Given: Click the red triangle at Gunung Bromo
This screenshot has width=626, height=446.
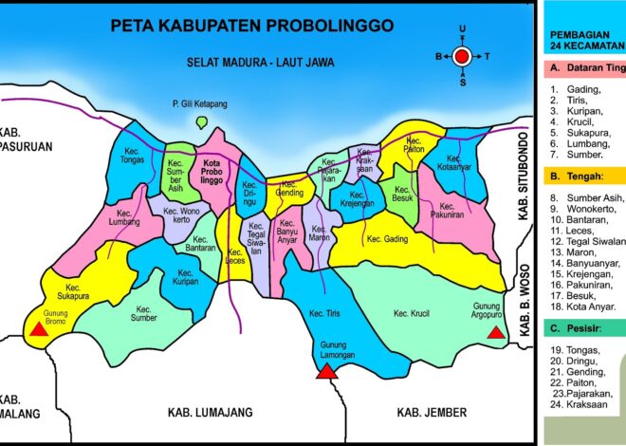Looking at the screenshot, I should point(37,330).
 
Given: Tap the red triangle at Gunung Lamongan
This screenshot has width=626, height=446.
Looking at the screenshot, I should point(327,371).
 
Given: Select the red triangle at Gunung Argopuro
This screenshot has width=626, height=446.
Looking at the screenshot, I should point(495,333).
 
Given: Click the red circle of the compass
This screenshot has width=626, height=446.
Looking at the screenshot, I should point(462,57).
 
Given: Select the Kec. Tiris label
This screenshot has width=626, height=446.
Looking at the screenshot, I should point(324,312).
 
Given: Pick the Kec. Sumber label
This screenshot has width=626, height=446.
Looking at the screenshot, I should point(144,314).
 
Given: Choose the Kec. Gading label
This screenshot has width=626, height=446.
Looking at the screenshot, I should point(387,239).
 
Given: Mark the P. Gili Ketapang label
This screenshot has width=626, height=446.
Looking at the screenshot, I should point(199,102).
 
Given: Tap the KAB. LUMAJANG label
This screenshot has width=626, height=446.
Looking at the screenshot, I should point(206,413).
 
